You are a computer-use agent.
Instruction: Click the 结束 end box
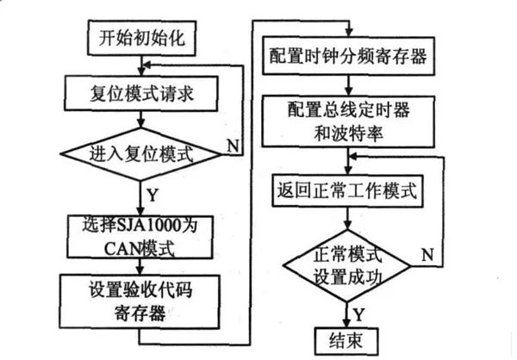346,338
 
